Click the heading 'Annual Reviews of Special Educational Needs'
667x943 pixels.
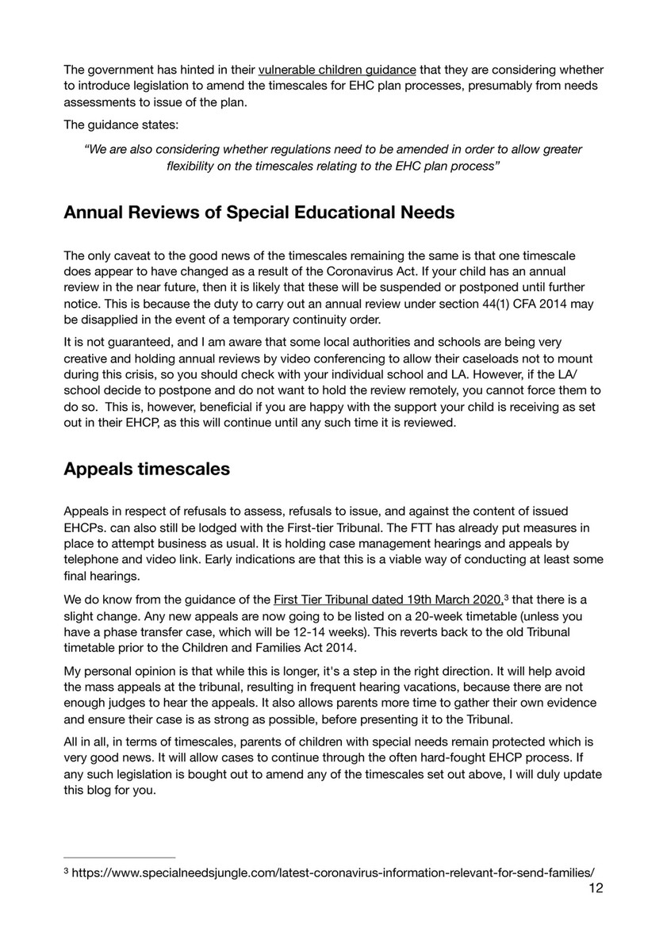pyautogui.click(x=259, y=212)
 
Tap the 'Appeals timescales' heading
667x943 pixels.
pyautogui.click(x=147, y=468)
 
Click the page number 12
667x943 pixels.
pyautogui.click(x=596, y=887)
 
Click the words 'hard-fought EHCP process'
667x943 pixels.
pyautogui.click(x=469, y=758)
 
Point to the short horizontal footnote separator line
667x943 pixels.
pyautogui.click(x=119, y=857)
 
